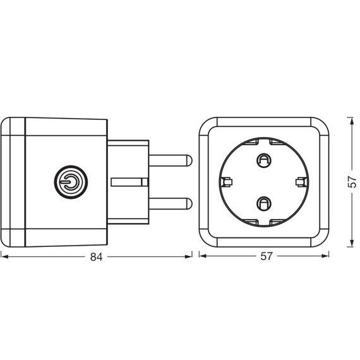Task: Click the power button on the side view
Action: click(71, 182)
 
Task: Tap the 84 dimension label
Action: click(96, 257)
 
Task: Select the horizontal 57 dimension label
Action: click(267, 256)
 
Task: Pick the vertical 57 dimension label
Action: click(352, 182)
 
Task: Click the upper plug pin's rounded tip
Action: click(189, 160)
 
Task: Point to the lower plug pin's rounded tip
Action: click(189, 203)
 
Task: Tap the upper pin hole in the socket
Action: click(264, 160)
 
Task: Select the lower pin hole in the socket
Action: click(264, 203)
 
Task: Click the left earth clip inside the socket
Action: click(226, 182)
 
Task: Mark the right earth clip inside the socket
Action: click(301, 182)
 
